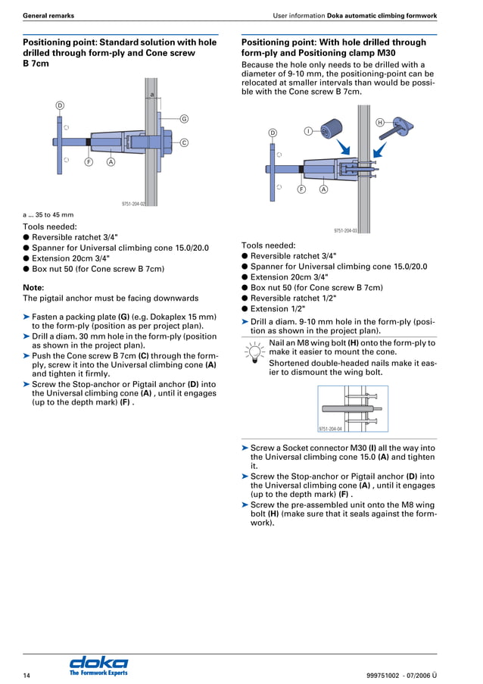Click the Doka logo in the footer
tap(98, 664)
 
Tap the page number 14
tap(26, 674)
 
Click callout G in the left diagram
tap(184, 118)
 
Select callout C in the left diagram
tap(184, 142)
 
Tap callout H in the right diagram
tap(379, 122)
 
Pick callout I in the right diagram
tap(308, 131)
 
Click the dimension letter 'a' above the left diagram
tap(152, 95)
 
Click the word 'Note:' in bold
tap(34, 287)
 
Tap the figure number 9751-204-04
tap(330, 429)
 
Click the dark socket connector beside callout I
tap(331, 130)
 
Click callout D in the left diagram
tap(59, 105)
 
